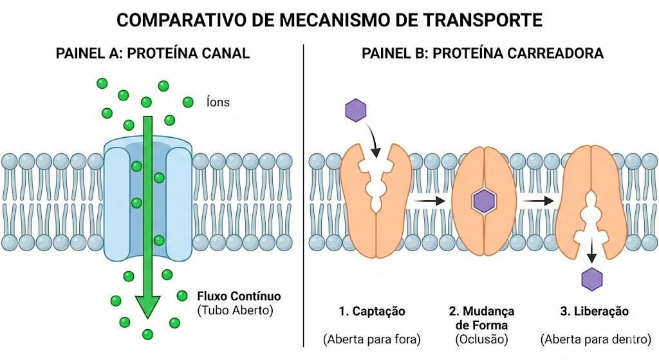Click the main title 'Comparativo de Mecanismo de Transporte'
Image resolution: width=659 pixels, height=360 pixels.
coord(329,20)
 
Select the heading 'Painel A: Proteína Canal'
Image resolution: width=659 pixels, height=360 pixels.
coord(153,53)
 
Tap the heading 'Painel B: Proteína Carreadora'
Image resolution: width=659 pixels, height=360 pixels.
coord(483,53)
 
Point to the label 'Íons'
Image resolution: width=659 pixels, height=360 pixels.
coord(218,102)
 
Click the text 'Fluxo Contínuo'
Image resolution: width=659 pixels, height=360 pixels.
coord(239,296)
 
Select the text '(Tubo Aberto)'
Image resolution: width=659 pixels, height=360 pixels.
coord(236,310)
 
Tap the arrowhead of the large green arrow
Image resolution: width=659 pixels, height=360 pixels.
coord(147,307)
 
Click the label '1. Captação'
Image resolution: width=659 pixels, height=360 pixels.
coord(372,311)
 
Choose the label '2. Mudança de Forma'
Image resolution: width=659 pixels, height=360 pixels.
coord(481,318)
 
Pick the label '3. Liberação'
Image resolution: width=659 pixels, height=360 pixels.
coord(595,311)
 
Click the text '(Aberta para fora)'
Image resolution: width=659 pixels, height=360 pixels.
coord(372,339)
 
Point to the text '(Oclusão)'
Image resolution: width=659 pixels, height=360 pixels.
coord(481,339)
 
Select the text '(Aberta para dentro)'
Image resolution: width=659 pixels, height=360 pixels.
coord(595,339)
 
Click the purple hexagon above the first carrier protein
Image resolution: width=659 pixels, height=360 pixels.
coord(355,110)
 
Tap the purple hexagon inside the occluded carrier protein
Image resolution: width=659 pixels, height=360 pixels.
coord(485,201)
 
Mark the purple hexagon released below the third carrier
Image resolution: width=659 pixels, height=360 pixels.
coord(592,279)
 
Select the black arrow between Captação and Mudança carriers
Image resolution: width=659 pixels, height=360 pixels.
coord(428,201)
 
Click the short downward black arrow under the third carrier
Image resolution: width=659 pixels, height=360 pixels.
coord(592,252)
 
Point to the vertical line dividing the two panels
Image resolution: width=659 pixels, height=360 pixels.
coord(304,196)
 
